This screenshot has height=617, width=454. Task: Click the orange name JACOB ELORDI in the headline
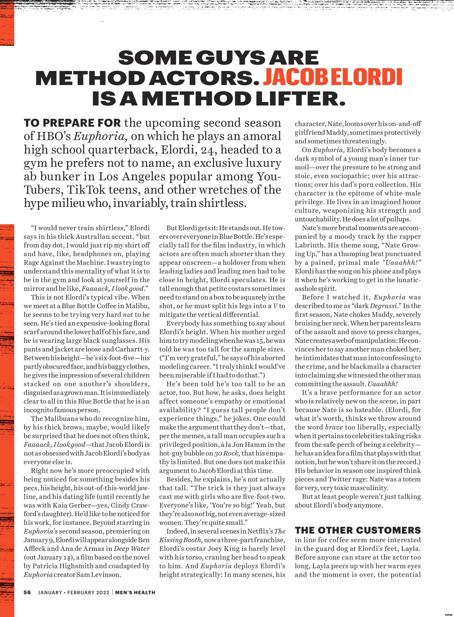[x=333, y=78]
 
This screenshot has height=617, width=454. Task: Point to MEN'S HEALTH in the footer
[x=135, y=593]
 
